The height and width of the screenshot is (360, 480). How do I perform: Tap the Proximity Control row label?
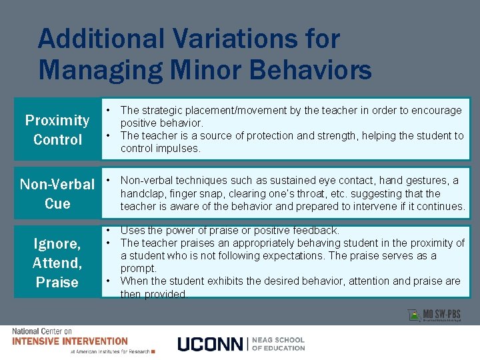[57, 130]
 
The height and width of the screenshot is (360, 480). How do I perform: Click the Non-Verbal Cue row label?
[57, 193]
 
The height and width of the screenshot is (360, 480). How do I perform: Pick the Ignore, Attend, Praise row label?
[57, 263]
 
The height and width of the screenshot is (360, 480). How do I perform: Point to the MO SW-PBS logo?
[433, 315]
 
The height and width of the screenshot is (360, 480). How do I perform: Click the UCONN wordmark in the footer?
[210, 344]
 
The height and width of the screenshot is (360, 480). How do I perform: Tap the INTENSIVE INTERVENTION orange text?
[69, 341]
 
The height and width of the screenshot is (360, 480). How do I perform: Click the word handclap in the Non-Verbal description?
[141, 193]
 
